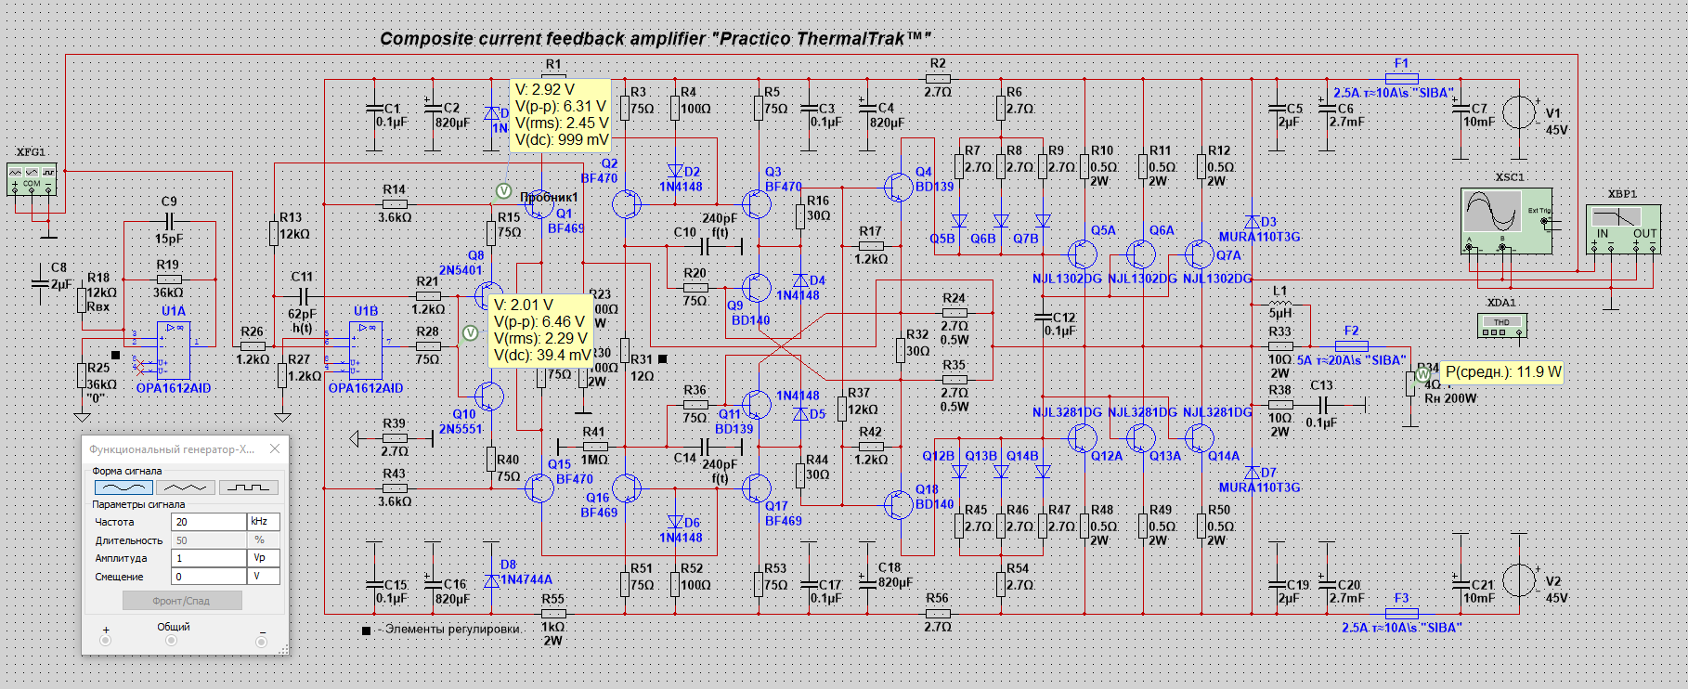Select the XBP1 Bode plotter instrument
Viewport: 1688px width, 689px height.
(1623, 231)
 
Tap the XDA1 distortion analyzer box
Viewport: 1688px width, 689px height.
(1501, 326)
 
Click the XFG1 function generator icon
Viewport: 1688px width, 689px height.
(32, 178)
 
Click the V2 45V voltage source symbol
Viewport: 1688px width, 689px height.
(1519, 580)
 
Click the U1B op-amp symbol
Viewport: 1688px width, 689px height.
(365, 345)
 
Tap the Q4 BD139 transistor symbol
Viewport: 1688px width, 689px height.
(898, 187)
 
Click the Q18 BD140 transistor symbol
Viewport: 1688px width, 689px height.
(898, 504)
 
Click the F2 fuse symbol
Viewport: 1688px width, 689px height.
(1351, 345)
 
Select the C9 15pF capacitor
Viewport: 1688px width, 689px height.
(169, 221)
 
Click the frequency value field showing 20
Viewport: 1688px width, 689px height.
(209, 522)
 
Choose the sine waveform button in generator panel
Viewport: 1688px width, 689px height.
(123, 487)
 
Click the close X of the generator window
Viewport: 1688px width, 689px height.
(275, 448)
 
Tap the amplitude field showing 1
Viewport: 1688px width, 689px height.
(209, 558)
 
